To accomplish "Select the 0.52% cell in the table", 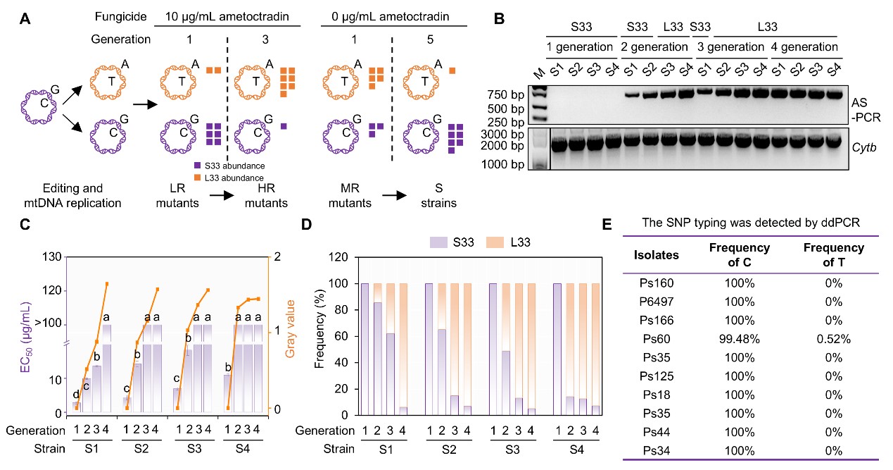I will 835,339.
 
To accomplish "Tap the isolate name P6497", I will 657,302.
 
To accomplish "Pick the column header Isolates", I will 657,255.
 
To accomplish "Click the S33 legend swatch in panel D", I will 439,242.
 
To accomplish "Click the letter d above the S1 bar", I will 75,395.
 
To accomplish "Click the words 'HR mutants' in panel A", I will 266,196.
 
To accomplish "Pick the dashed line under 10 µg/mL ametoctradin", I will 227,99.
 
